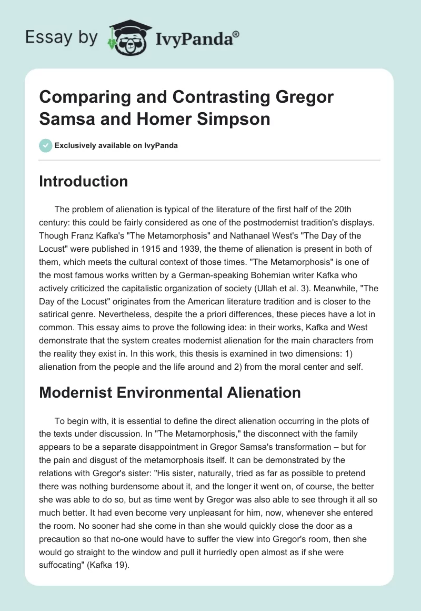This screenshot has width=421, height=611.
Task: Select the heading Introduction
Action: pos(84,181)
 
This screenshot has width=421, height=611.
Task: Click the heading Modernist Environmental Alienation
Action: pos(170,392)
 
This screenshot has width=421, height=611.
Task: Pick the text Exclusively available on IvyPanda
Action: pos(116,145)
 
